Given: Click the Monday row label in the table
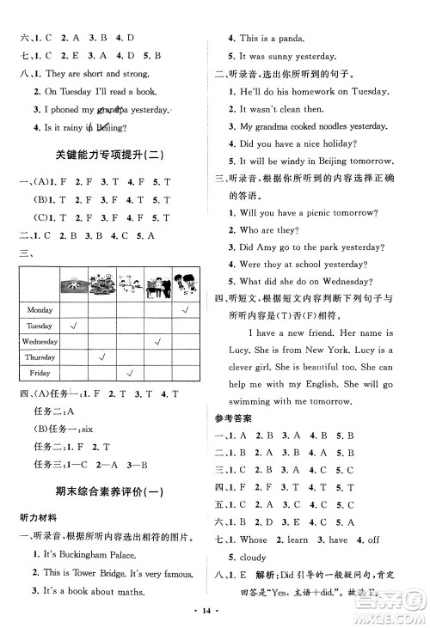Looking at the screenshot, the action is pos(40,309).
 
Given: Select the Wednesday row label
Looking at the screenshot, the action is pos(40,342).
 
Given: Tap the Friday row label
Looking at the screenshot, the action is pos(40,373).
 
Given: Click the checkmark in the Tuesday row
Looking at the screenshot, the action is pos(75,326).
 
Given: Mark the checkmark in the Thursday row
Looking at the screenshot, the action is pos(102,357).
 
